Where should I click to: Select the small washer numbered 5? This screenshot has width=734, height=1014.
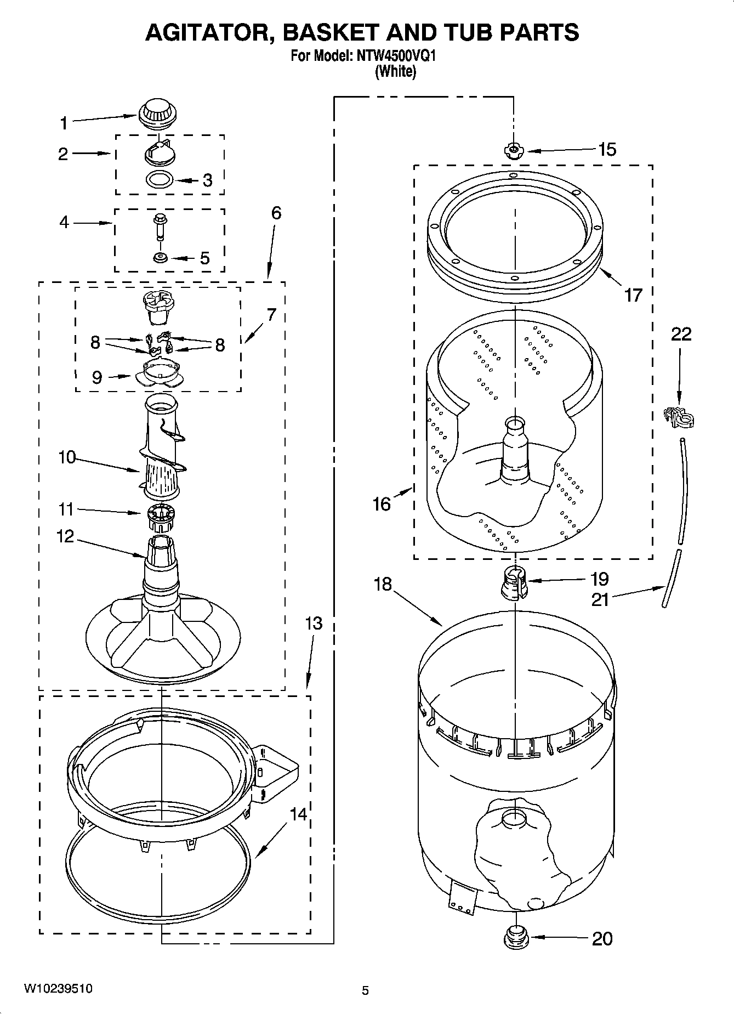point(161,257)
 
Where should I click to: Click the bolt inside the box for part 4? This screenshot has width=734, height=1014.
point(160,225)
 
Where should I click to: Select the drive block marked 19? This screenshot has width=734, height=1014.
point(514,584)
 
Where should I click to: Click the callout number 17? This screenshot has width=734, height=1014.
point(634,296)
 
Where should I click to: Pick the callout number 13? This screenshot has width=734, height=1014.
point(314,624)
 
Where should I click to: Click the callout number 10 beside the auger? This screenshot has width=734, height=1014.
point(67,457)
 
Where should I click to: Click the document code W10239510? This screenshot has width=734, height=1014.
point(58,989)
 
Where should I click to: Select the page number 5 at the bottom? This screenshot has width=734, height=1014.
point(365,990)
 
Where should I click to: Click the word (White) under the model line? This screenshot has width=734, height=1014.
point(395,71)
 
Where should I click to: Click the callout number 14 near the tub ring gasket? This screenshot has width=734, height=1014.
point(298,814)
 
